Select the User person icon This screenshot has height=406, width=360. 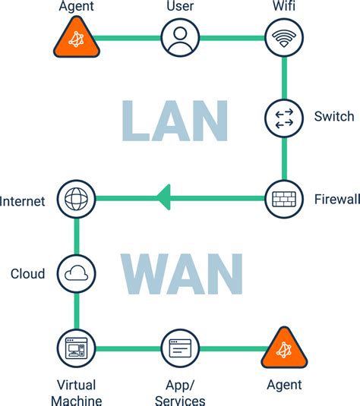(180, 36)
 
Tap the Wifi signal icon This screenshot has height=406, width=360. (284, 36)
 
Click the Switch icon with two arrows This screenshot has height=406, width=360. (284, 117)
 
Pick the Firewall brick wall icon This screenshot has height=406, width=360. (284, 200)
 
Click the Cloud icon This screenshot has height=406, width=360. (76, 274)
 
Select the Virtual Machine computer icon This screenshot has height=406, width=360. (76, 349)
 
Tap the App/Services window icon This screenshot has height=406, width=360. (180, 349)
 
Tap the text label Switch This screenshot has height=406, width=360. (333, 117)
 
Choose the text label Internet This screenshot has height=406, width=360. (23, 201)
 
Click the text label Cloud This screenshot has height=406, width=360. (28, 274)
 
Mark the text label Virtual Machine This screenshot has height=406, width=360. (76, 392)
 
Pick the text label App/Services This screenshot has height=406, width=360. (180, 392)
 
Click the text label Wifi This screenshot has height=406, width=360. (284, 8)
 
